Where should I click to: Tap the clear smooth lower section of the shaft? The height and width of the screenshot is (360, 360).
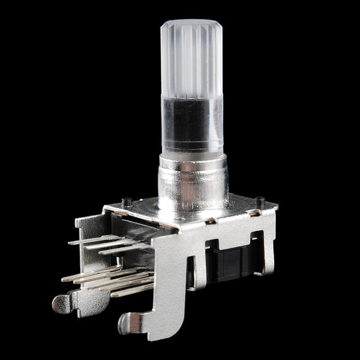pos(191,123)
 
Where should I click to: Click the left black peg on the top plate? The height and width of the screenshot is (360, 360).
pos(126,202)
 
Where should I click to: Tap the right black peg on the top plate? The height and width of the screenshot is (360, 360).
pos(259,202)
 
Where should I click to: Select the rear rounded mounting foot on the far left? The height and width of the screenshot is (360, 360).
pos(62,302)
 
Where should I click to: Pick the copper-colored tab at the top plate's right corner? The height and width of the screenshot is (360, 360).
pos(254,213)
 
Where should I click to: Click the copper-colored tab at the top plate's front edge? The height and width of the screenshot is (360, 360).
pos(210,221)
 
